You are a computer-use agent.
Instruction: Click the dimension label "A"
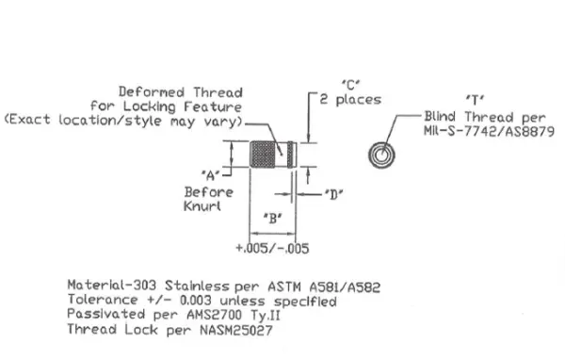click(x=212, y=172)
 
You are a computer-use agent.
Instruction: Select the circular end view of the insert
click(x=383, y=155)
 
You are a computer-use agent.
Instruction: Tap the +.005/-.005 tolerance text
click(x=273, y=249)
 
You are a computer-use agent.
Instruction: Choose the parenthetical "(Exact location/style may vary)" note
click(x=124, y=123)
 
